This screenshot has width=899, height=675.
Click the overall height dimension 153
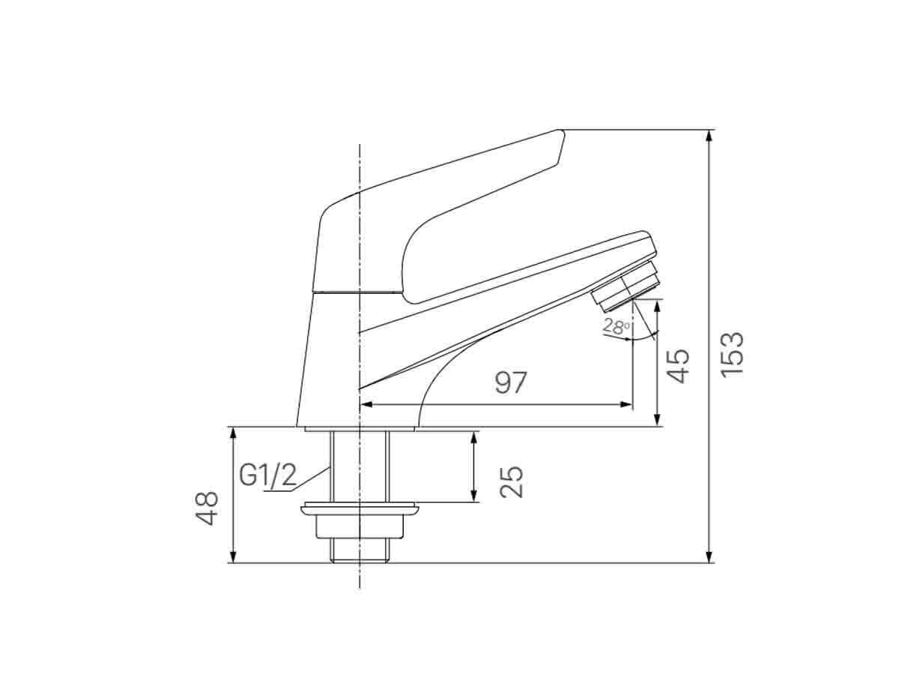point(732,353)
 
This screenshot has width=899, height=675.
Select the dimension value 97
point(511,382)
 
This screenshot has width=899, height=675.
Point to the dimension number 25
point(511,481)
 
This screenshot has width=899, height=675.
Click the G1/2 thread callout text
point(267,475)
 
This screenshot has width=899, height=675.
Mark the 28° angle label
point(617,326)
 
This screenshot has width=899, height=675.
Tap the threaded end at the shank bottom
point(360,553)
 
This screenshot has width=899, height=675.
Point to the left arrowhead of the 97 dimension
point(365,404)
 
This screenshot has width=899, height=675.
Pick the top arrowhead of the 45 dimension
point(658,304)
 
